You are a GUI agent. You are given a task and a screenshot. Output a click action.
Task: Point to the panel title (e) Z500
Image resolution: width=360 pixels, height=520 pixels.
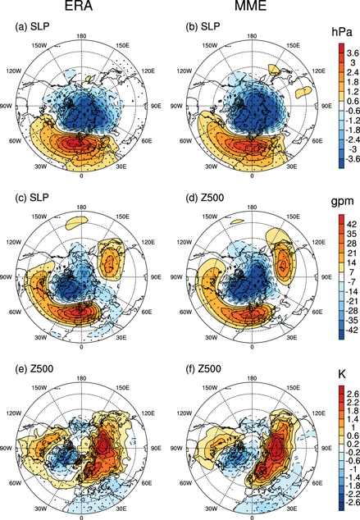(x=34, y=358)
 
